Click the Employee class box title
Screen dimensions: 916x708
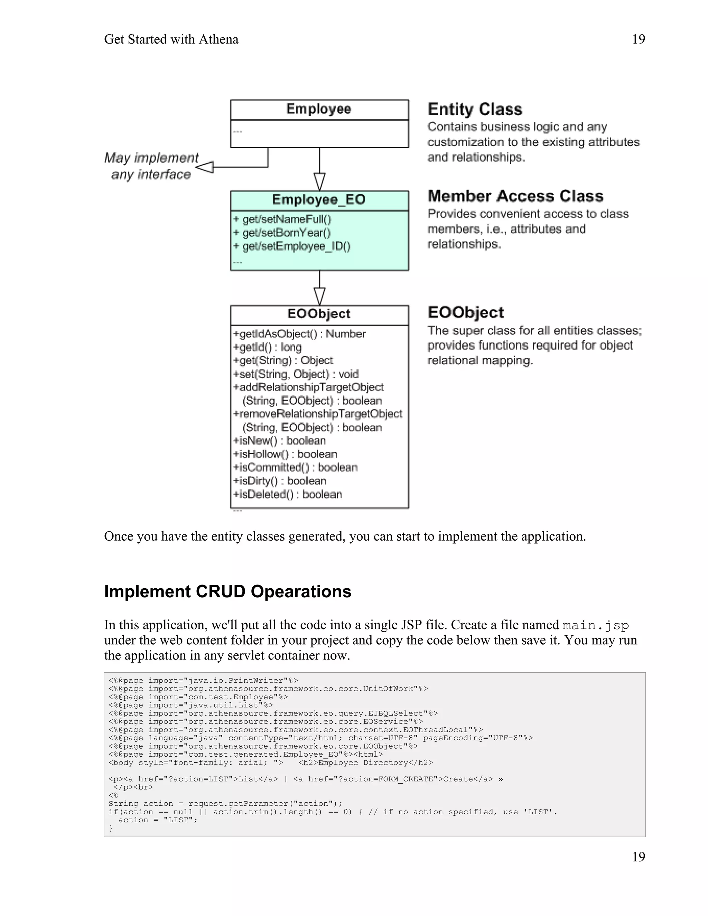[319, 109]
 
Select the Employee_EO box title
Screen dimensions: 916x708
[319, 200]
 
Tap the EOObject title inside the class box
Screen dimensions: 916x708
[319, 314]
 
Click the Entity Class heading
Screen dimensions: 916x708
[475, 110]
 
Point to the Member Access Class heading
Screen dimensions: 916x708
[515, 196]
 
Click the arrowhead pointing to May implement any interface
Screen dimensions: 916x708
[205, 167]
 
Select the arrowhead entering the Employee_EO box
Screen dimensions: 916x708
[320, 181]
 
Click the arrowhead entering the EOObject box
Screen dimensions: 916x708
[320, 296]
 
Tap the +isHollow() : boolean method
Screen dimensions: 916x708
[285, 454]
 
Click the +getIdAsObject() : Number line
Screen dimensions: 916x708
[299, 334]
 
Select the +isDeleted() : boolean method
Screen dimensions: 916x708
[288, 495]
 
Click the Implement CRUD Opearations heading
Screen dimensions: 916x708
[227, 592]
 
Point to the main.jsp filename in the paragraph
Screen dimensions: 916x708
[596, 625]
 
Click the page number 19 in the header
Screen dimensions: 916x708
[638, 39]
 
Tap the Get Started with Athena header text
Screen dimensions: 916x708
[171, 39]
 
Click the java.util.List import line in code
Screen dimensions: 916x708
[191, 705]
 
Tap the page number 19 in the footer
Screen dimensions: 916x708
[638, 857]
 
